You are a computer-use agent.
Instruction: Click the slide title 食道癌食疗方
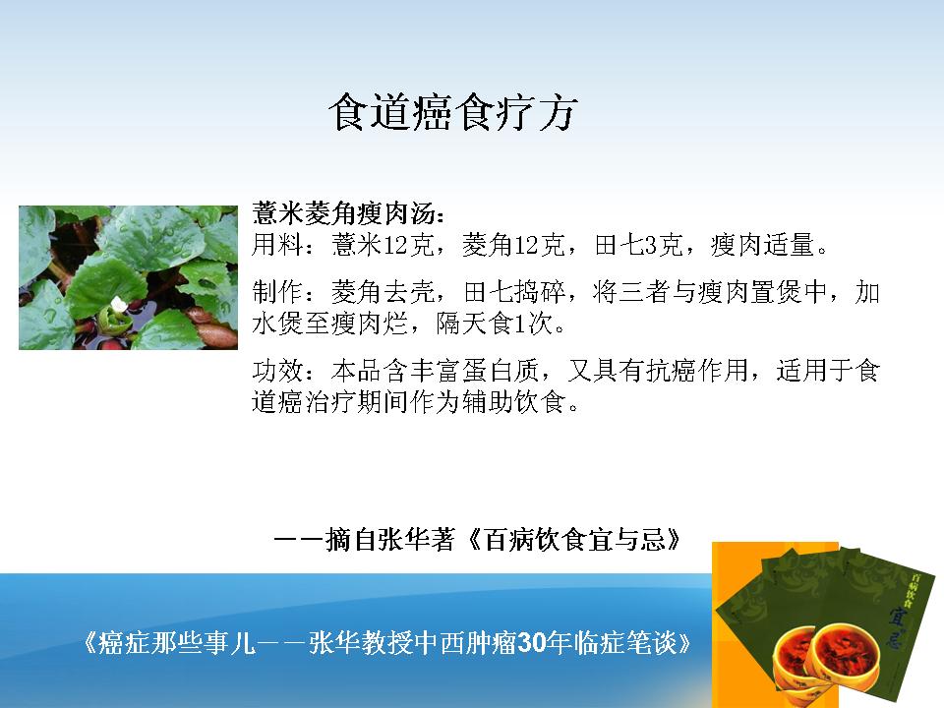[x=452, y=112]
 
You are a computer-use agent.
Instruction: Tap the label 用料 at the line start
[x=277, y=245]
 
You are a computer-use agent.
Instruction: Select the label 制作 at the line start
[x=277, y=293]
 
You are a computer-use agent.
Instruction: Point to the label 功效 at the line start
[x=277, y=371]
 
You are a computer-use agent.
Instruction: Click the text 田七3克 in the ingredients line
[x=638, y=245]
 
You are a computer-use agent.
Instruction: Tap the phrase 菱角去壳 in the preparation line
[x=383, y=293]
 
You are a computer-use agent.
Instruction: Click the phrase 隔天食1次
[x=495, y=324]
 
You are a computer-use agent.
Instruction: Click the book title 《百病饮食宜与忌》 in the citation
[x=575, y=540]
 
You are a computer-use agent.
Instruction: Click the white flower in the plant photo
[x=119, y=305]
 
